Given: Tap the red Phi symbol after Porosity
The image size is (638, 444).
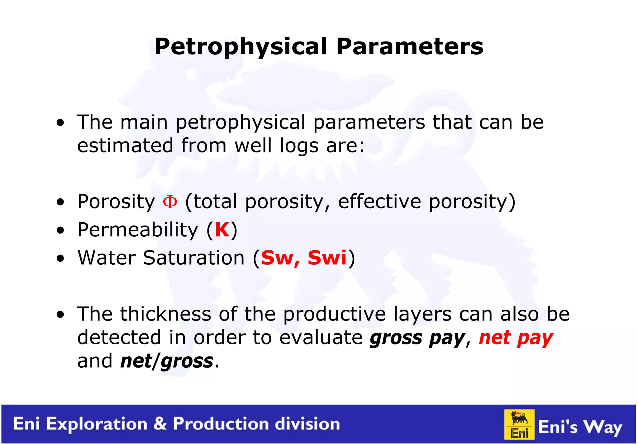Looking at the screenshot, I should point(170,202).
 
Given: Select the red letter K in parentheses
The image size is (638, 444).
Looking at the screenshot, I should point(222,230).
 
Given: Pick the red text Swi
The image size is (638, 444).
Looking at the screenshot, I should point(327,258).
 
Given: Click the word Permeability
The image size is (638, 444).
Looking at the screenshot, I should point(137,230).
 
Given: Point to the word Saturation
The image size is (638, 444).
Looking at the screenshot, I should point(194,258).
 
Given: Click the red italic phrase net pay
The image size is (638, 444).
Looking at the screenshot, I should point(516,338).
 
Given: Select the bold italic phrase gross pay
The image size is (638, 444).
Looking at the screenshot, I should point(417,338).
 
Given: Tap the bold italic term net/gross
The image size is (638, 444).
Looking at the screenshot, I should point(167,361).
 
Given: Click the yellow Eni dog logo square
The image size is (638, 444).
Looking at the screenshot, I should point(519,424).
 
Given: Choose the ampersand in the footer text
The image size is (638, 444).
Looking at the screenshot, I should point(160,424).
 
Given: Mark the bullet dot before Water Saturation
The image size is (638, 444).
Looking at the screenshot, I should point(60,258).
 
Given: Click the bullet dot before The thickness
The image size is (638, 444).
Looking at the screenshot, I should point(60,315).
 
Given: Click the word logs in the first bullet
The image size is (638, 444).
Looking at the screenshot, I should point(299,146).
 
